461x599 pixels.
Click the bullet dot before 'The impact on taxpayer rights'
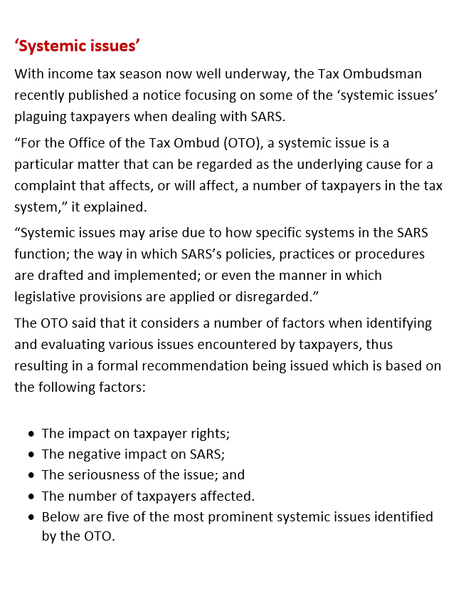[31, 434]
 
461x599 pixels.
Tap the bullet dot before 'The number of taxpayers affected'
[31, 496]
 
